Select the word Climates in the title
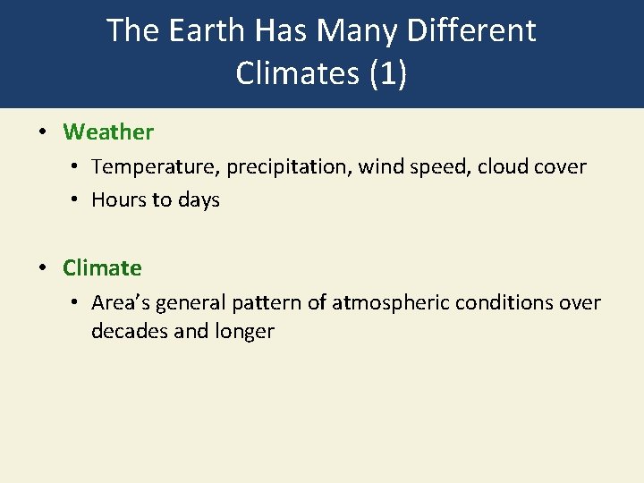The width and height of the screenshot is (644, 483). coord(297,73)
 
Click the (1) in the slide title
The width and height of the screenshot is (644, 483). coord(386,73)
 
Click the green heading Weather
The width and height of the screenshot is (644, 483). coord(108,132)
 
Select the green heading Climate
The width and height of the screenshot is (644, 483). coord(102,267)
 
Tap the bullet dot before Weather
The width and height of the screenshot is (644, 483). coord(42,132)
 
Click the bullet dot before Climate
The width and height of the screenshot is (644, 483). coord(42,267)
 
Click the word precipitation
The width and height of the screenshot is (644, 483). coord(288,167)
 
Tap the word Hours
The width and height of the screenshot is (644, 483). coord(118,200)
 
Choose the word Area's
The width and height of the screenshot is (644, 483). coord(121,303)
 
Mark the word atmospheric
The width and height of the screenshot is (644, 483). coord(391,303)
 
